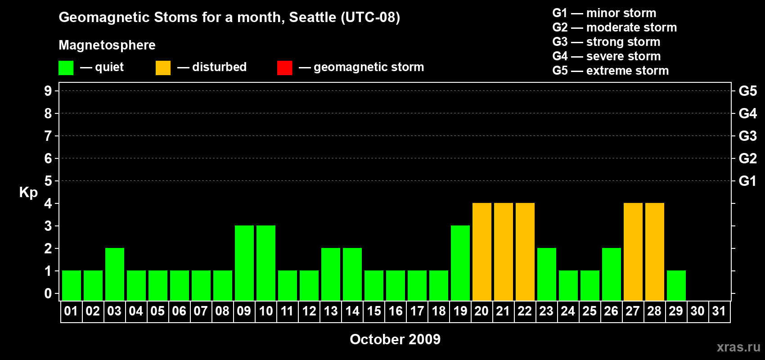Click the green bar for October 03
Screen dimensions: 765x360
(x=115, y=274)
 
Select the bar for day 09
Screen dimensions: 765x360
(x=244, y=263)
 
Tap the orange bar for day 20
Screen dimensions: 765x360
(x=482, y=252)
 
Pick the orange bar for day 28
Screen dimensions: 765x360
(x=655, y=252)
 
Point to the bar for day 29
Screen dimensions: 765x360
(x=676, y=286)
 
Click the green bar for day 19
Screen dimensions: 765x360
(x=460, y=263)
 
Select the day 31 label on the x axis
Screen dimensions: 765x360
(x=719, y=311)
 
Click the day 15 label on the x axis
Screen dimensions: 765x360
(x=374, y=311)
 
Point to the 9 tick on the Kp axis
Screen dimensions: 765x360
(x=48, y=91)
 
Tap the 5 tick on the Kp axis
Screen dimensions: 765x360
(x=48, y=181)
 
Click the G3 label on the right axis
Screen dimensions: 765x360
(x=747, y=136)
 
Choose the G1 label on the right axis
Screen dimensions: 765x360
(x=747, y=181)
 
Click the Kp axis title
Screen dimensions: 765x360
(x=28, y=193)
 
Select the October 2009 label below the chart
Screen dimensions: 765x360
(x=395, y=339)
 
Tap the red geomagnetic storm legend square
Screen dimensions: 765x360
(x=285, y=67)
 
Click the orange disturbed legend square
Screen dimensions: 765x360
(x=163, y=67)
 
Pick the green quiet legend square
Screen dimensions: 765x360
(x=66, y=67)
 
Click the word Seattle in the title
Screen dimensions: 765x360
(x=312, y=17)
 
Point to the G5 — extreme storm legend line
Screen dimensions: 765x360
(x=611, y=71)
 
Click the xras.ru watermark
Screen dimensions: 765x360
(x=738, y=347)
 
